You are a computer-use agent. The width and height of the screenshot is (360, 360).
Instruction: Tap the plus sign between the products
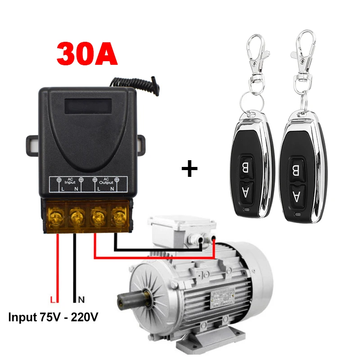tap(189, 169)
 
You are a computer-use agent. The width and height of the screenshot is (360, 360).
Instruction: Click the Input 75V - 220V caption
tap(54, 317)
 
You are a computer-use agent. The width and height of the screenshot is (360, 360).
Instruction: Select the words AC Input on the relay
tap(70, 181)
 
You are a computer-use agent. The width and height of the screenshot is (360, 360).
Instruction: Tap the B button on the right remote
tap(295, 170)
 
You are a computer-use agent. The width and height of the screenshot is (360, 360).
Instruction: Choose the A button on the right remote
tap(295, 195)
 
